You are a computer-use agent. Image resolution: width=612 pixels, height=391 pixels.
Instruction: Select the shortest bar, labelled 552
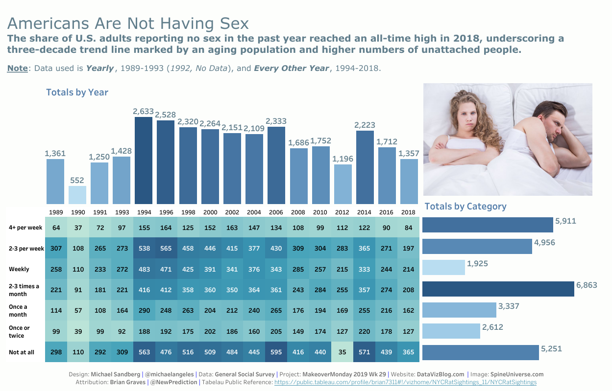coord(77,195)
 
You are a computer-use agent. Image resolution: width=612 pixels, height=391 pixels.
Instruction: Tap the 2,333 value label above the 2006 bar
coord(276,121)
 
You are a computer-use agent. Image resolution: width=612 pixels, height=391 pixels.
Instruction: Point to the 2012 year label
coord(343,212)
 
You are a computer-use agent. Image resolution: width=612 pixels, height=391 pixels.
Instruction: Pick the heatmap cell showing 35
coord(343,352)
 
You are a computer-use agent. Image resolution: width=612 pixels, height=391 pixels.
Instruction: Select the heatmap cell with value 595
coord(276,352)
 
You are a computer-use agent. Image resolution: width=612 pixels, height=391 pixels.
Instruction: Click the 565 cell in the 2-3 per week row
coord(166,248)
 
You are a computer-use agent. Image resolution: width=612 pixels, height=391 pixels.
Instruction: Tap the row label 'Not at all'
coord(22,352)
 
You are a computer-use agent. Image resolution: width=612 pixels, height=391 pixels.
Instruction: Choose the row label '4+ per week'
coord(25,228)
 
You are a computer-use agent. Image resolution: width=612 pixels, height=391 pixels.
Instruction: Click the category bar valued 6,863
coord(498,289)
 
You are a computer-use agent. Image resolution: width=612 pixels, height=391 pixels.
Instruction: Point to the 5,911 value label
coord(565,221)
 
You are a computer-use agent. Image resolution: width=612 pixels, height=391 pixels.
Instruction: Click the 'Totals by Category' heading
coord(465,206)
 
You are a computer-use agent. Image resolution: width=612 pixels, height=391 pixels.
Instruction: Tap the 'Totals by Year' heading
coord(77,92)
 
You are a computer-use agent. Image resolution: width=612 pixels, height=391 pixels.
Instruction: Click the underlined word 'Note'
coord(17,68)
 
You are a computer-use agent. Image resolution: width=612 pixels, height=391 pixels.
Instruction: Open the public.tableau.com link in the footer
coord(405,382)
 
